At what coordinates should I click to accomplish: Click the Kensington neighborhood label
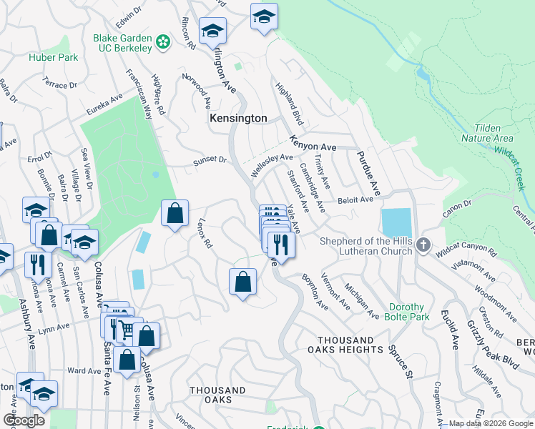click(238, 118)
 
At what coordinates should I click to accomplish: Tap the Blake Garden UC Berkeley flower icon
click(163, 42)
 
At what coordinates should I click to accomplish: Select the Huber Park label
click(54, 57)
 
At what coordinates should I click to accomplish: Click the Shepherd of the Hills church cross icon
click(423, 246)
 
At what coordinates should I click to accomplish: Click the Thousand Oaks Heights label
click(350, 345)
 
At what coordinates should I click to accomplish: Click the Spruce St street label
click(401, 363)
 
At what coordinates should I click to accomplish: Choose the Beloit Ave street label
click(356, 201)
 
